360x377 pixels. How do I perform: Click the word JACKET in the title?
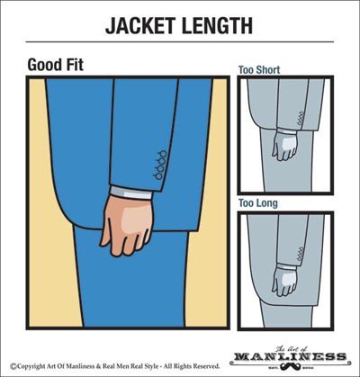point(141,25)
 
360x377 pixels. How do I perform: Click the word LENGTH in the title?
point(218,25)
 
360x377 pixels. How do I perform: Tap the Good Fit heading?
point(56,65)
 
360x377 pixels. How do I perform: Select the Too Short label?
point(259,70)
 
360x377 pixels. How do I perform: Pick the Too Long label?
point(258,203)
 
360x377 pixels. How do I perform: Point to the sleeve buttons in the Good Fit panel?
point(160,165)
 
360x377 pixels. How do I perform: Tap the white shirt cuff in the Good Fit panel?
point(131,193)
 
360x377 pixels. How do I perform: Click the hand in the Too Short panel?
point(284,146)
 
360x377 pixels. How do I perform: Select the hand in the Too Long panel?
point(283,282)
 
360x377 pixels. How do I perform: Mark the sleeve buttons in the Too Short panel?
point(301,119)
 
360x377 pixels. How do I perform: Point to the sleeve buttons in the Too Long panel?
point(301,254)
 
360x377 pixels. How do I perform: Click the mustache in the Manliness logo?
point(289,366)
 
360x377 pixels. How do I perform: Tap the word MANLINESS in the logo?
point(290,357)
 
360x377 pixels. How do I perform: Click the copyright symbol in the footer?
point(13,366)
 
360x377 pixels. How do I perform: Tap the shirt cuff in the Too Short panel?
point(285,131)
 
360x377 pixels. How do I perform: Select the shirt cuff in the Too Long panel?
point(286,267)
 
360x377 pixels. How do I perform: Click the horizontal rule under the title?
point(180,41)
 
